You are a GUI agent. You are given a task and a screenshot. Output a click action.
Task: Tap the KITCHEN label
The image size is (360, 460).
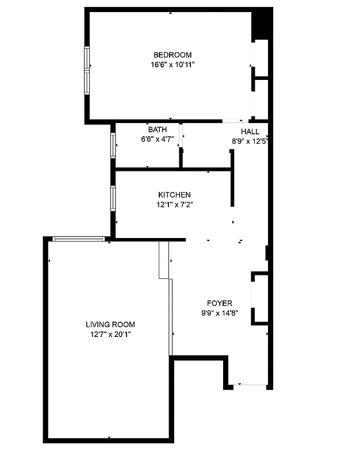pyautogui.click(x=174, y=195)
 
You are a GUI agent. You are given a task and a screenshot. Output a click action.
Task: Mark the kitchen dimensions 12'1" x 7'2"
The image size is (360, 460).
pyautogui.click(x=174, y=204)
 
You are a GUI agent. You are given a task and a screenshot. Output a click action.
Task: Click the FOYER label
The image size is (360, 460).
pyautogui.click(x=220, y=303)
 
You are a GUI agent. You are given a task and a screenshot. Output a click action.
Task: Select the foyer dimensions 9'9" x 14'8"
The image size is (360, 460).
pyautogui.click(x=220, y=313)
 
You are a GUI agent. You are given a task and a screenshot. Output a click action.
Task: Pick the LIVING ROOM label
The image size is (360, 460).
pyautogui.click(x=110, y=324)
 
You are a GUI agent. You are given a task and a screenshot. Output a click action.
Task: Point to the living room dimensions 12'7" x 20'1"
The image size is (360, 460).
pyautogui.click(x=110, y=334)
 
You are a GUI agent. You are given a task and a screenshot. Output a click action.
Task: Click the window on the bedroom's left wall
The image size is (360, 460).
pyautogui.click(x=87, y=70)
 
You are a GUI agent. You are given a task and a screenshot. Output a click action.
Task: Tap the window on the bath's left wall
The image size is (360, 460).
pyautogui.click(x=113, y=145)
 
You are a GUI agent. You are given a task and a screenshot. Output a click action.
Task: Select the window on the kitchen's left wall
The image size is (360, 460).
pyautogui.click(x=113, y=198)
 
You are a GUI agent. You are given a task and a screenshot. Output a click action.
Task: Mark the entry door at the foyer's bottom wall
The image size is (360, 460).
pyautogui.click(x=250, y=386)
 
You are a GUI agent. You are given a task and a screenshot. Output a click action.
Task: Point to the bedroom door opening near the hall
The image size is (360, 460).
pyautogui.click(x=232, y=121)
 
